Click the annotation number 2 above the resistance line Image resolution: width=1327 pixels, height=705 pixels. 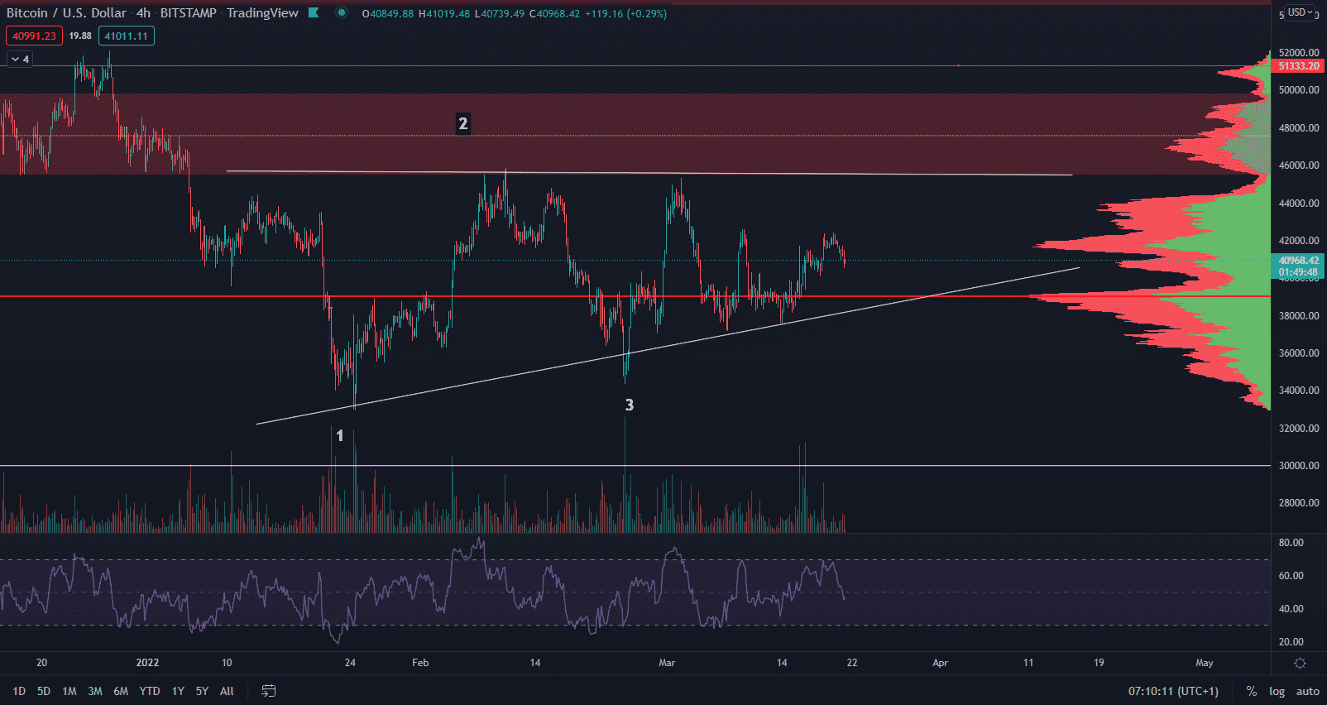[x=462, y=124]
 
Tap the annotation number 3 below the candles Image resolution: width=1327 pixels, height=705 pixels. [x=629, y=405]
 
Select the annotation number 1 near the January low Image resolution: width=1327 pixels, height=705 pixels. [x=339, y=435]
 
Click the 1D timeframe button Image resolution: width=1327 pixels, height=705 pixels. [x=19, y=691]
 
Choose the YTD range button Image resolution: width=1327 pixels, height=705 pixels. [x=150, y=691]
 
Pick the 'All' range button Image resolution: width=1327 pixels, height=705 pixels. [x=227, y=691]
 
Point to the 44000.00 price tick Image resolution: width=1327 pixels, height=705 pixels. [x=1298, y=204]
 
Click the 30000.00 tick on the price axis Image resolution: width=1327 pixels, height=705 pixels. [x=1298, y=466]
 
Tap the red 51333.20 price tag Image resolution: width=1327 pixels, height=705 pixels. [x=1298, y=66]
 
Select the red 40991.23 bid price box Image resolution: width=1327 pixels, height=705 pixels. [x=34, y=36]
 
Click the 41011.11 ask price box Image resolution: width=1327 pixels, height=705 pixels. [x=126, y=36]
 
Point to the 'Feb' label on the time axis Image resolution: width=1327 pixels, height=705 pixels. [x=420, y=663]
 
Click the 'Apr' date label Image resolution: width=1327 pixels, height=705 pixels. [x=940, y=663]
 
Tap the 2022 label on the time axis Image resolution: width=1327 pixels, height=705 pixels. [x=147, y=663]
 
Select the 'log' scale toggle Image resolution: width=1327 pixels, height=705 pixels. [x=1277, y=691]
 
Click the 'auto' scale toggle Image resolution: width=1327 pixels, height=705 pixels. [x=1307, y=691]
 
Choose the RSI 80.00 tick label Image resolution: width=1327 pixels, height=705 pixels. [x=1291, y=543]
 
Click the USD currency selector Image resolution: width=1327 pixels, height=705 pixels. [x=1297, y=12]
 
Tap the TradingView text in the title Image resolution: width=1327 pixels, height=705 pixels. [x=262, y=13]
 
